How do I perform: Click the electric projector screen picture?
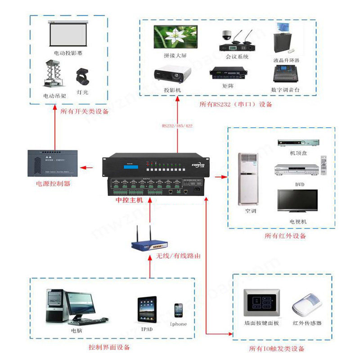(x=68, y=33)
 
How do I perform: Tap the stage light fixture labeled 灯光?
(x=82, y=77)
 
